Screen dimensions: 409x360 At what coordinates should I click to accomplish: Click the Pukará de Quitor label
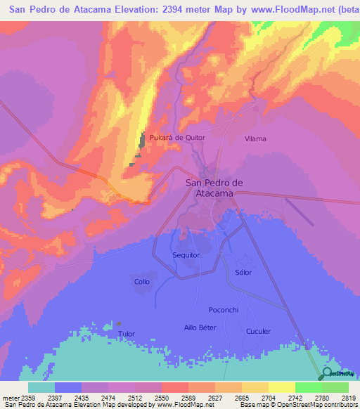176,138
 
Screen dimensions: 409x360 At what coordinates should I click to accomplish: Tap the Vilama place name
255,138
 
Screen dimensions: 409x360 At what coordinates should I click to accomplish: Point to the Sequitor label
186,255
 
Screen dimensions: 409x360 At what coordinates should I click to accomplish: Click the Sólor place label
243,272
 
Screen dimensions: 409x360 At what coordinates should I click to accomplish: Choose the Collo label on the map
142,282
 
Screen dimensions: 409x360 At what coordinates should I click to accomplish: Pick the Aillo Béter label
200,327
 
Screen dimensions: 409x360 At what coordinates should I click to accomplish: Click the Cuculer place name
258,331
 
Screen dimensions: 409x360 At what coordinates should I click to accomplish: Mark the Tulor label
126,334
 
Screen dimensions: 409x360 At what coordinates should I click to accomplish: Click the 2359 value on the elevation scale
25,397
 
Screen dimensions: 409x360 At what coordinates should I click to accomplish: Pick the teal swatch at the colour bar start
41,387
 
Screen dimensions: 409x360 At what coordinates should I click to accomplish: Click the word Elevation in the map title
108,10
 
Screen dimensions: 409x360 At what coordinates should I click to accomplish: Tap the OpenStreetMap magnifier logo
328,373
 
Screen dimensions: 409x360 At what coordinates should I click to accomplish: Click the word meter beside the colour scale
9,397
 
